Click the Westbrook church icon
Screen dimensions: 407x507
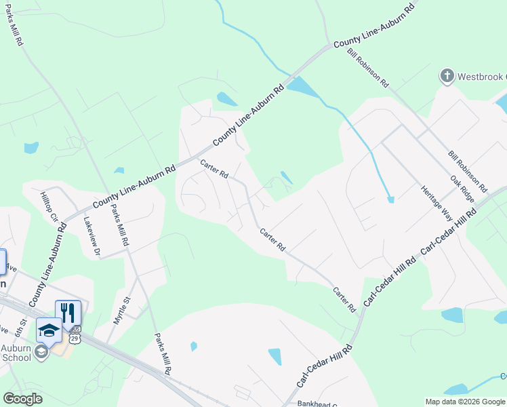point(447,76)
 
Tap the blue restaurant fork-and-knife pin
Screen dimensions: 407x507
point(68,313)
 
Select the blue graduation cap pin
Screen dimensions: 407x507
point(49,330)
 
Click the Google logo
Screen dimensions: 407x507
point(23,399)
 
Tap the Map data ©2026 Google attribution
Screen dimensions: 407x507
point(464,402)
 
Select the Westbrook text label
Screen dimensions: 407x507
point(482,75)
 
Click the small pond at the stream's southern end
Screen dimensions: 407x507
point(390,199)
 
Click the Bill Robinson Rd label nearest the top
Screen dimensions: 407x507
point(367,68)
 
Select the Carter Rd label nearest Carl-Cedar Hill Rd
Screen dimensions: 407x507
point(344,299)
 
